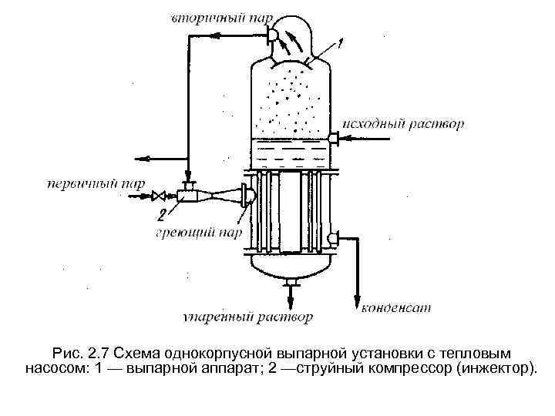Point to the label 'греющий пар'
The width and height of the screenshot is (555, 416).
click(200, 232)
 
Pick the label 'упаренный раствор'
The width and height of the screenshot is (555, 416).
click(248, 317)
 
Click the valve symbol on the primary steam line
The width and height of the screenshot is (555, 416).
click(159, 196)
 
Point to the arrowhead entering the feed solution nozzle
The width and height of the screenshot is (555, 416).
click(346, 139)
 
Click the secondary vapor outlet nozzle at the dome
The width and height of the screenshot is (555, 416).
click(274, 34)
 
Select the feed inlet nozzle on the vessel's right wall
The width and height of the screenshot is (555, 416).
click(334, 139)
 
